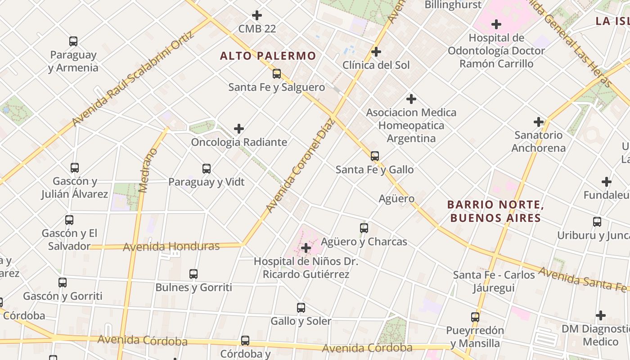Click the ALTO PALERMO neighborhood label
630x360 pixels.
pyautogui.click(x=268, y=56)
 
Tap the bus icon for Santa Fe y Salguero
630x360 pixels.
pyautogui.click(x=276, y=74)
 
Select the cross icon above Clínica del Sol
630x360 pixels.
pyautogui.click(x=376, y=52)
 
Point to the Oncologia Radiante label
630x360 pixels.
pyautogui.click(x=239, y=142)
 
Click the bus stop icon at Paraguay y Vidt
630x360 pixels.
pyautogui.click(x=207, y=169)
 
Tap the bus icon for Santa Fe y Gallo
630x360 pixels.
pyautogui.click(x=374, y=156)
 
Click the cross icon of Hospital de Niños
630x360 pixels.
pyautogui.click(x=306, y=247)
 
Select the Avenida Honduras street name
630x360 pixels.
pyautogui.click(x=171, y=247)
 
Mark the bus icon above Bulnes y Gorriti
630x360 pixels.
pyautogui.click(x=193, y=274)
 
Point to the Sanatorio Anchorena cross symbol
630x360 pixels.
pyautogui.click(x=539, y=121)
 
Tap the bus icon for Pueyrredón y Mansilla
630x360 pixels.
pyautogui.click(x=475, y=317)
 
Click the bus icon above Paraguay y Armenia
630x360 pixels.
pyautogui.click(x=73, y=41)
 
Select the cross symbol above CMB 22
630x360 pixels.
pyautogui.click(x=257, y=15)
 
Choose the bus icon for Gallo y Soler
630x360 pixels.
pyautogui.click(x=301, y=308)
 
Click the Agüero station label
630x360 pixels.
pyautogui.click(x=396, y=198)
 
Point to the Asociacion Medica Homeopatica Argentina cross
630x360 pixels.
pyautogui.click(x=411, y=99)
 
